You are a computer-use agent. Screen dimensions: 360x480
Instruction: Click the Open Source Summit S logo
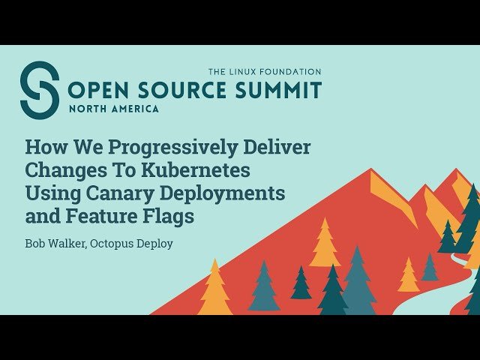(x=39, y=90)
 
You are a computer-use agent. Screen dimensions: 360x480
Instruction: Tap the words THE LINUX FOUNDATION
(x=264, y=72)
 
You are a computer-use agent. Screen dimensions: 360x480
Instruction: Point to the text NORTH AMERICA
(x=113, y=109)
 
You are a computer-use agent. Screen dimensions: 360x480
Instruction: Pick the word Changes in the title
(x=64, y=169)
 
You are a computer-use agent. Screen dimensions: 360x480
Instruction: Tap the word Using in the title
(x=50, y=193)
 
